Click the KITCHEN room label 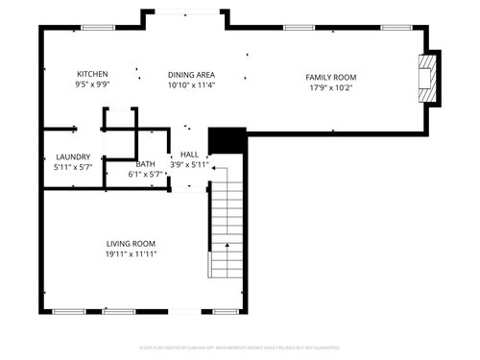92,74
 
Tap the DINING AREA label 191,74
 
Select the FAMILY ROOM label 331,77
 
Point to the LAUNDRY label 73,156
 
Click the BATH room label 145,164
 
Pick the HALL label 189,154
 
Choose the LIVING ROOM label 131,244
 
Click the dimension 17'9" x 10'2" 331,87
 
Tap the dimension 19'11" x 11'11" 131,254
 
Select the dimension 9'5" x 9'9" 92,84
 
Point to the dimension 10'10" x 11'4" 191,84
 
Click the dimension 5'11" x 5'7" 73,167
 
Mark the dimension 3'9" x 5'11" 189,164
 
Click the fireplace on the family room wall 428,77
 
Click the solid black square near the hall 221,140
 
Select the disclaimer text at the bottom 239,347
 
